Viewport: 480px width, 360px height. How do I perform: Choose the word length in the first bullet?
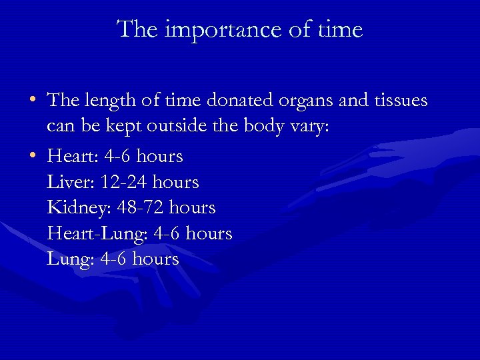(107, 102)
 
